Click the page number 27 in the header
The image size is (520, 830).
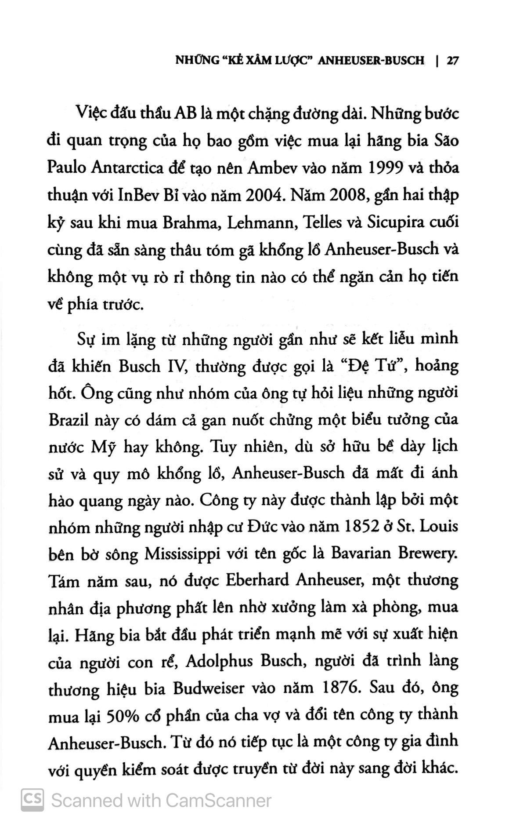(x=452, y=61)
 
